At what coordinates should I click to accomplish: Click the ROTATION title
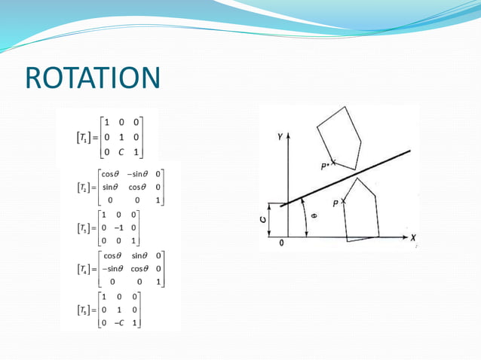(93, 78)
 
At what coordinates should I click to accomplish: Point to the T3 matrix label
(81, 227)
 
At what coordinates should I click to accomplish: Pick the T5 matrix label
(81, 310)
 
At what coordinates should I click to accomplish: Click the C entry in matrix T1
(120, 151)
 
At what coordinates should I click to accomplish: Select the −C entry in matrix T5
(118, 323)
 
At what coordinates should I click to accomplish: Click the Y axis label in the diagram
(280, 137)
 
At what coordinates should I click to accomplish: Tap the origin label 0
(281, 244)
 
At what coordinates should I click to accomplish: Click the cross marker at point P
(345, 202)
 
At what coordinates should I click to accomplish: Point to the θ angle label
(314, 216)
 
